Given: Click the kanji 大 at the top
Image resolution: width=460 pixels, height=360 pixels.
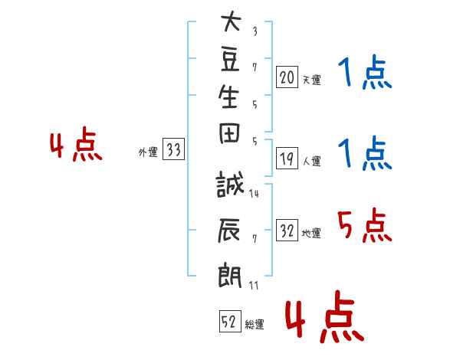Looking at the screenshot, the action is pos(231,21).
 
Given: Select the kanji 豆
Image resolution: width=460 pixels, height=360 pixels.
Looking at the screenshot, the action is pos(230,61).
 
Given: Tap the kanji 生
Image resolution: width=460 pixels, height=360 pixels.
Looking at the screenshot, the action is pos(228,97).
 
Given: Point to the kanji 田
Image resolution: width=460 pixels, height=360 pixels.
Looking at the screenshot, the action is pos(229,133).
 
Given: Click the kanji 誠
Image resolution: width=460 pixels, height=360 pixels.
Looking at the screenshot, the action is pos(230,184).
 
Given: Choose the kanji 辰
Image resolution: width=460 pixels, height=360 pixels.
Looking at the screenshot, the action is pos(228,231).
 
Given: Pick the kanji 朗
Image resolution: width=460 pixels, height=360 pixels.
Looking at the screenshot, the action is pos(229,275).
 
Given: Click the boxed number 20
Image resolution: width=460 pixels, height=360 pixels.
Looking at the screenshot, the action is pos(287,77).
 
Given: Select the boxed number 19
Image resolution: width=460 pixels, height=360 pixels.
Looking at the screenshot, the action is pos(287,159).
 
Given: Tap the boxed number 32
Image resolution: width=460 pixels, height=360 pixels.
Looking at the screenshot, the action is pos(287,231).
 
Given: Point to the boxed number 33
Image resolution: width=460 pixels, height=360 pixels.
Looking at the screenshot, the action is pos(173,149).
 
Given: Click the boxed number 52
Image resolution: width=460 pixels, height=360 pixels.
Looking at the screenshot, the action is pos(230,321).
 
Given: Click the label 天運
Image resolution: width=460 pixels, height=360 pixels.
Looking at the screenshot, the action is pos(311,80).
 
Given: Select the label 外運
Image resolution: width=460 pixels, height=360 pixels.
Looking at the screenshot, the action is pos(148,152).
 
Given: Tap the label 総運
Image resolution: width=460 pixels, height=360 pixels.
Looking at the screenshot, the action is pos(255,324).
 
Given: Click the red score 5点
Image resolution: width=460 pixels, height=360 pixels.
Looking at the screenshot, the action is pos(365,225).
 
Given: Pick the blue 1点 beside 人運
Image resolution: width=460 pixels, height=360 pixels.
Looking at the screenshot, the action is pos(365,153).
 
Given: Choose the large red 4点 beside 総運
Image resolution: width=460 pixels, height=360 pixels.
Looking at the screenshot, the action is pos(325,316).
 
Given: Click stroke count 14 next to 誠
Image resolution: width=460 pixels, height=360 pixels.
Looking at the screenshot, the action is pos(254,194).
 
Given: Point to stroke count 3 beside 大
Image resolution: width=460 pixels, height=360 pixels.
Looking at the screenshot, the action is pos(255,31).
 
